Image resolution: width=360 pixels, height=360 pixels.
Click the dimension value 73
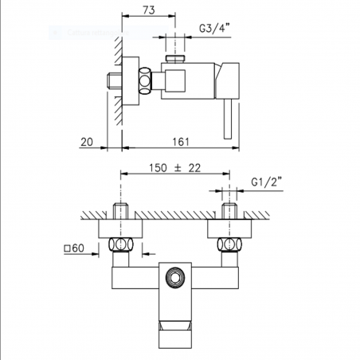click(x=149, y=10)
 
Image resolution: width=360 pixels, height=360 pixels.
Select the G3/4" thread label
click(x=214, y=28)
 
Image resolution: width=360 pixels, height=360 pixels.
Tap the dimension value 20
click(x=87, y=142)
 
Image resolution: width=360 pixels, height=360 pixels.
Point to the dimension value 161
click(x=181, y=142)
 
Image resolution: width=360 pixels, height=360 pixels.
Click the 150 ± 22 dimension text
click(x=174, y=168)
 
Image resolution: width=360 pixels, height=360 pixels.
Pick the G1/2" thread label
click(x=266, y=182)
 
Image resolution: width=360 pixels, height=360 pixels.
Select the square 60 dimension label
click(x=74, y=248)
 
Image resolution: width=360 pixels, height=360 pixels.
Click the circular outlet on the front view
click(x=175, y=278)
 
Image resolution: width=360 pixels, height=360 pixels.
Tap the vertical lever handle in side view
click(x=228, y=119)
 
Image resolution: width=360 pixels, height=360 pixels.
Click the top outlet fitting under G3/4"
click(x=175, y=59)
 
